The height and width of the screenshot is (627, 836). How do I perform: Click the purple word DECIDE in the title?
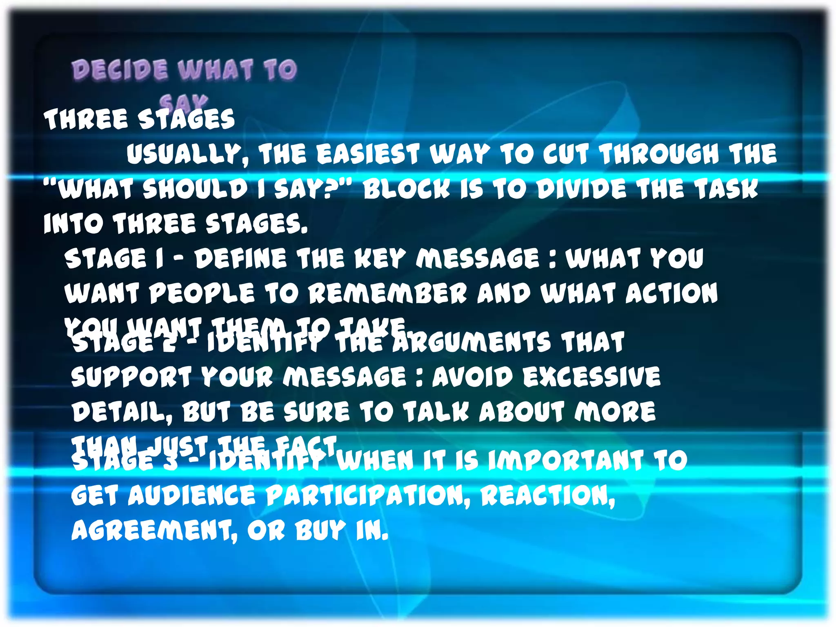pyautogui.click(x=120, y=69)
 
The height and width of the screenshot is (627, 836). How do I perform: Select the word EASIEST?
pyautogui.click(x=368, y=155)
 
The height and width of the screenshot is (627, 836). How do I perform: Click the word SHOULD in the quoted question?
pyautogui.click(x=196, y=189)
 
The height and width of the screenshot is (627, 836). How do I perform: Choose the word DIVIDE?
pyautogui.click(x=581, y=189)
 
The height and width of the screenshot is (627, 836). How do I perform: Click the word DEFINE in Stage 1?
pyautogui.click(x=240, y=259)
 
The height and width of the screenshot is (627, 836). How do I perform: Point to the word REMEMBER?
pyautogui.click(x=387, y=293)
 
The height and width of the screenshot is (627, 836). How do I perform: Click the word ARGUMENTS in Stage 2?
pyautogui.click(x=471, y=342)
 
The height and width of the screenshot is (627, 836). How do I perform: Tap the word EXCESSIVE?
pyautogui.click(x=591, y=376)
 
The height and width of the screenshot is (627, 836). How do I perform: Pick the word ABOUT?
pyautogui.click(x=522, y=411)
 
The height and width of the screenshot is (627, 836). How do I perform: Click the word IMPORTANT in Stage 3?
pyautogui.click(x=566, y=460)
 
